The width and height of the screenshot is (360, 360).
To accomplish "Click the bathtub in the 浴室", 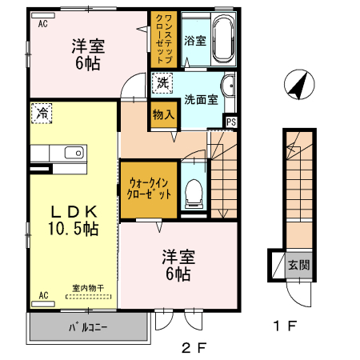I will tap(222, 40).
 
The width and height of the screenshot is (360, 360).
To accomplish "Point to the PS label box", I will tap(231, 122).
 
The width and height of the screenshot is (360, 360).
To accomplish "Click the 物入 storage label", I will tap(162, 115).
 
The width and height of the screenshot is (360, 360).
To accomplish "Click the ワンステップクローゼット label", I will tap(162, 38).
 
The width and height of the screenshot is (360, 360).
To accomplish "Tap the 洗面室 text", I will tap(201, 100).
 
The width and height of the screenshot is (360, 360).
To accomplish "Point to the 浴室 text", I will tap(195, 40).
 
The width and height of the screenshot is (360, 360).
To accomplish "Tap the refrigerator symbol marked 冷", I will tap(41, 114).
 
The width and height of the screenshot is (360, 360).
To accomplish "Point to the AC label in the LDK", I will tap(43, 295).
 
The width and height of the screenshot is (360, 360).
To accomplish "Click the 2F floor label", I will tap(194, 349).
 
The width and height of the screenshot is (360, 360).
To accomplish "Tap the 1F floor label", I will tap(286, 326).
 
